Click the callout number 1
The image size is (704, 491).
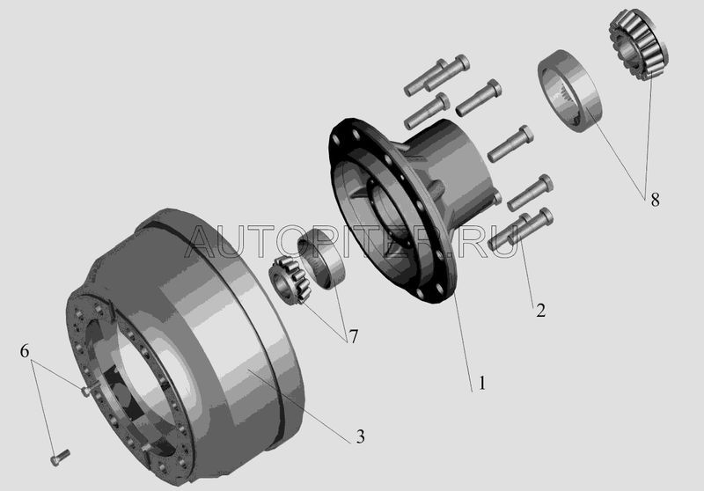click(482, 384)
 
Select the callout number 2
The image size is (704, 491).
click(541, 310)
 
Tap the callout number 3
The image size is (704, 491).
click(361, 436)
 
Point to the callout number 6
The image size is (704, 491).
click(25, 350)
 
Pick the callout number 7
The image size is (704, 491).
click(354, 336)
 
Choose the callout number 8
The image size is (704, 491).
click(656, 200)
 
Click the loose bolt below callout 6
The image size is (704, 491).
click(59, 457)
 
